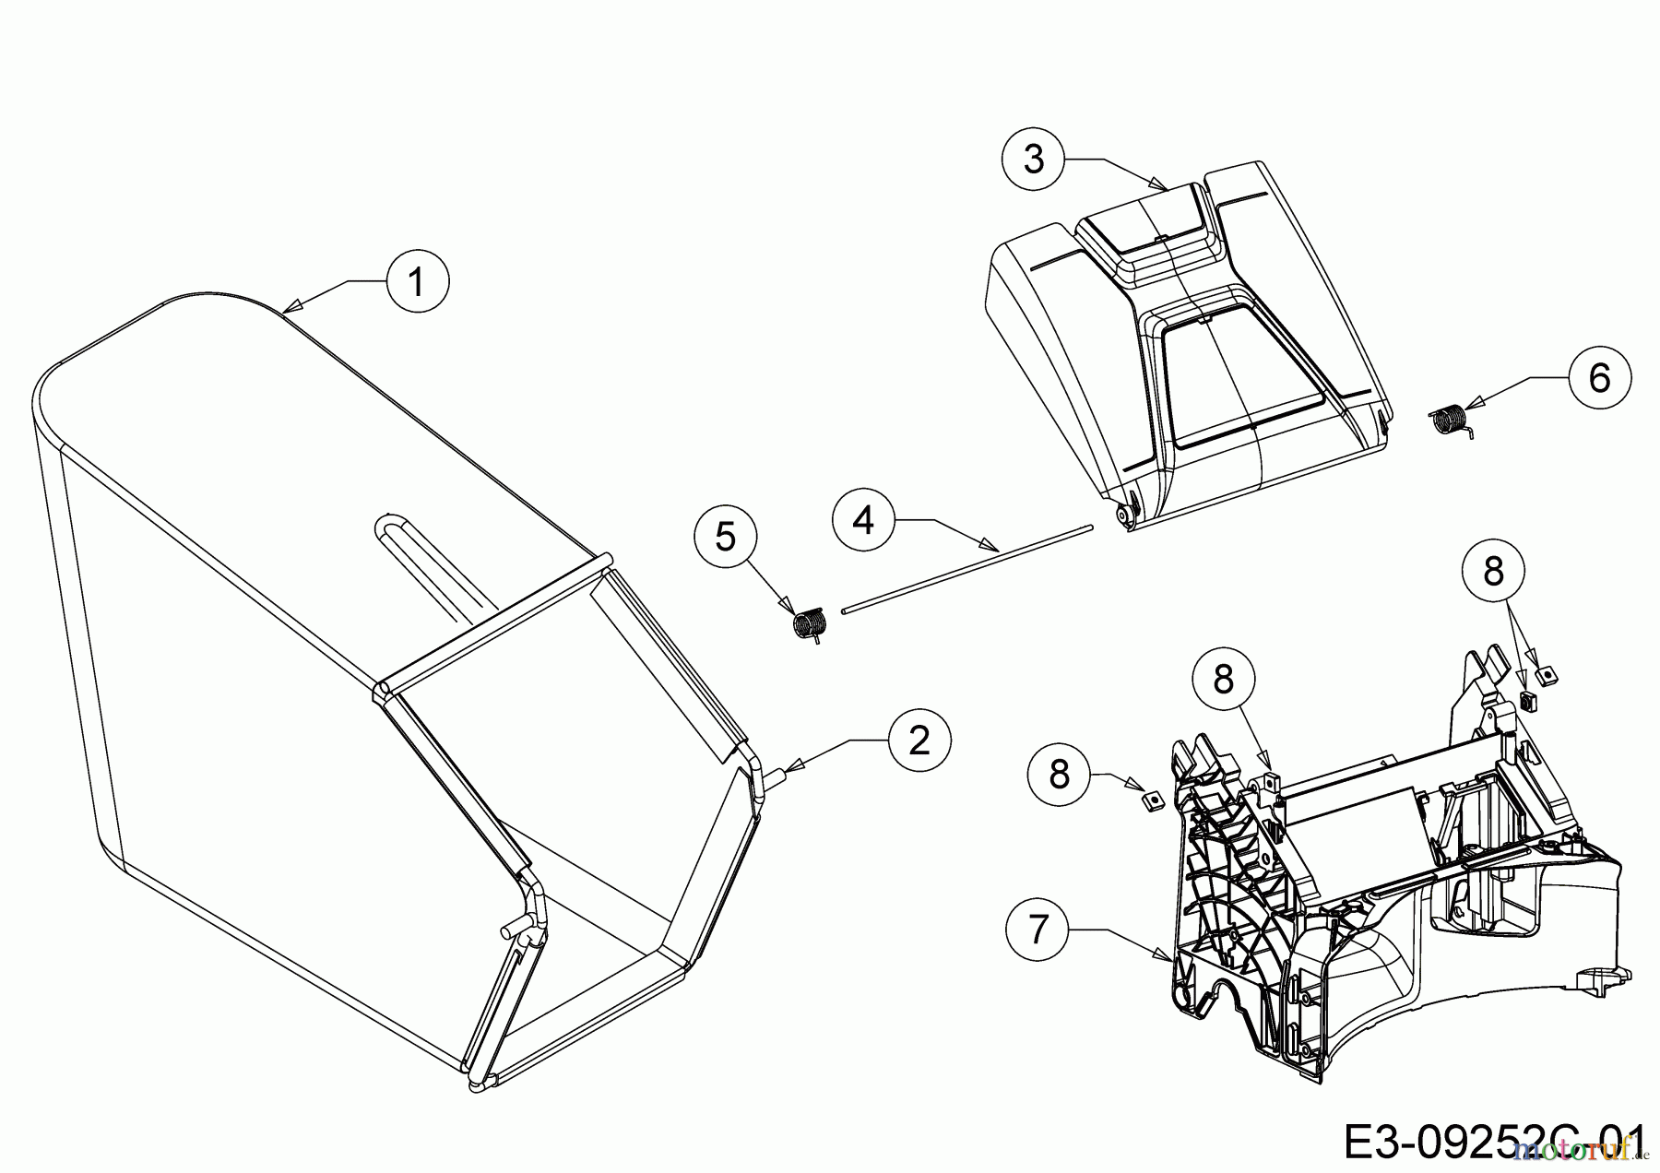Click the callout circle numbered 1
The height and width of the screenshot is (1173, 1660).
[417, 282]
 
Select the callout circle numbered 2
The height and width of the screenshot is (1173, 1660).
[919, 739]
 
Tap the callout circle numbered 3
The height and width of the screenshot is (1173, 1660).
[1033, 160]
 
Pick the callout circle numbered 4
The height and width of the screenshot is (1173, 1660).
[863, 520]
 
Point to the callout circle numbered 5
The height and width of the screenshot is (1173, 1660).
[726, 537]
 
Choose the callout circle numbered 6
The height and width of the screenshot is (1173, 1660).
[1599, 377]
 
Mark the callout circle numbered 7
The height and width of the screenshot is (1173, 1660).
[1038, 930]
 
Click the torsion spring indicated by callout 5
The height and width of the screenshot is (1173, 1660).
[809, 622]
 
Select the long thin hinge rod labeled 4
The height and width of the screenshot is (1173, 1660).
[968, 567]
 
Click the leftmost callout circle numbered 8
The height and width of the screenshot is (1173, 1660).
[1059, 773]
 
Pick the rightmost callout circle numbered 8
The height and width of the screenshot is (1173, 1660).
[1493, 572]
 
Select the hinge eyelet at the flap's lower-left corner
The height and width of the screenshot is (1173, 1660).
[1124, 516]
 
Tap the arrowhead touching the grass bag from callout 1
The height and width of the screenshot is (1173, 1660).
[289, 308]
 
